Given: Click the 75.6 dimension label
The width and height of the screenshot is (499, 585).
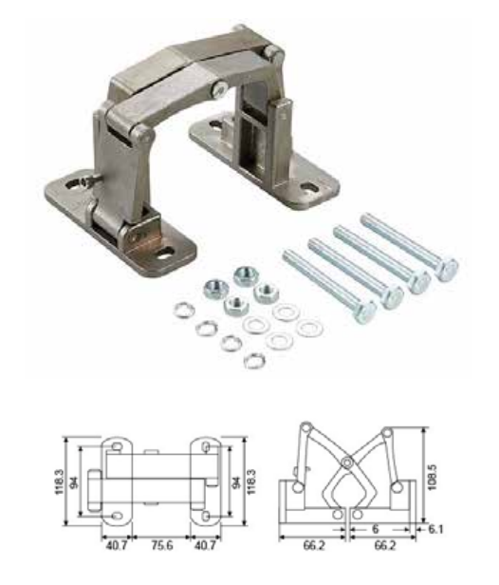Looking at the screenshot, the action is pos(162,545).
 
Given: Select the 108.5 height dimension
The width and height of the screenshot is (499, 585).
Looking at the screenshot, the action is pos(432,478).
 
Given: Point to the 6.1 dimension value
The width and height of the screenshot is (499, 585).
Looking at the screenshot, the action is pos(435,529).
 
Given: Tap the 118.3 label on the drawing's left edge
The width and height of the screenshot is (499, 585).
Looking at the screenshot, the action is pos(60,481).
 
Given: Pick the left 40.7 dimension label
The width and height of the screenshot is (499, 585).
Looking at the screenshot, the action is pos(117,545).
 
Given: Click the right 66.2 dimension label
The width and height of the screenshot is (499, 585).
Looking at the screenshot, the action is pos(384,545).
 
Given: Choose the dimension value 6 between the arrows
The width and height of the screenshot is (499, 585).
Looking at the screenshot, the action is pos(376,529).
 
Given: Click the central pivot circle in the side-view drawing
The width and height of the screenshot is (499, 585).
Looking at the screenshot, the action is pos(347,463).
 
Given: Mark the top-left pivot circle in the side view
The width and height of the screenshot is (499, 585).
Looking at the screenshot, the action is pos(306,426).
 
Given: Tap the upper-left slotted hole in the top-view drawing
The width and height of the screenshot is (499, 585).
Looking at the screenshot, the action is pos(117,446).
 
